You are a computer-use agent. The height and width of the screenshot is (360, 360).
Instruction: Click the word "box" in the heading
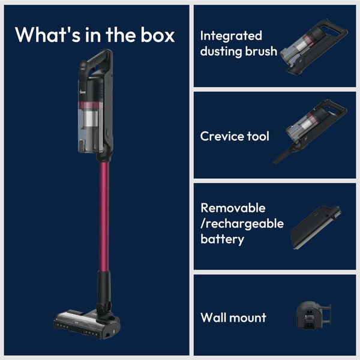tap(158, 35)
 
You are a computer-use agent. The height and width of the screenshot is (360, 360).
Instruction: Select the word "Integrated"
tap(231, 36)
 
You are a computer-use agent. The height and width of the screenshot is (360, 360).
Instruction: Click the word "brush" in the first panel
tap(261, 51)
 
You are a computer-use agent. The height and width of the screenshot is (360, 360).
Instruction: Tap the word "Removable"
tap(233, 208)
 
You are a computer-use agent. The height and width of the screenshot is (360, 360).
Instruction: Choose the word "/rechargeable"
tap(242, 224)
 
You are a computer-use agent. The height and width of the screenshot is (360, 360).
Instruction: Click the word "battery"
tap(222, 239)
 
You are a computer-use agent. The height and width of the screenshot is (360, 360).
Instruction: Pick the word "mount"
tap(248, 318)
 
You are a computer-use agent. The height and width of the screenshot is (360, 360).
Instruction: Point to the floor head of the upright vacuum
tap(87, 324)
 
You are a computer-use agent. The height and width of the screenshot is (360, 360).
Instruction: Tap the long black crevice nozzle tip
tap(283, 155)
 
